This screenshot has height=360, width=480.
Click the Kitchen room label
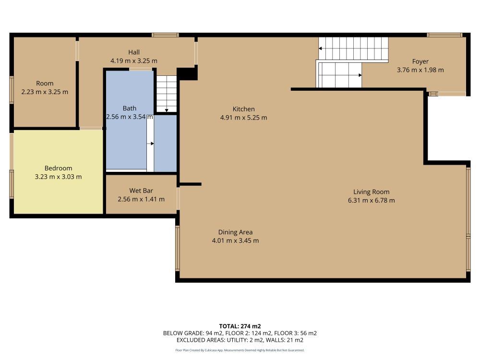coord(243,109)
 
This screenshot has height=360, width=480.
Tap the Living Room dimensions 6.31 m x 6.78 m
coord(371,200)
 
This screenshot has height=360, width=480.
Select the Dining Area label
coord(235,232)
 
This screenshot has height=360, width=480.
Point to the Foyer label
coord(420,61)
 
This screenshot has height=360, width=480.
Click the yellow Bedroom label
coord(58,168)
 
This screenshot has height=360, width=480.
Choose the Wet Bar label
coord(141,191)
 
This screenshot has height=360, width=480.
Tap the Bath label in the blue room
coord(129,108)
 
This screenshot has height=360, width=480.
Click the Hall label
coord(133,52)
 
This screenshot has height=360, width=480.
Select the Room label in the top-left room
coord(45,84)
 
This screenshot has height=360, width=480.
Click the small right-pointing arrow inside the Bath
coord(151,143)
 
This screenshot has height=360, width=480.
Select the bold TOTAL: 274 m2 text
coord(240,326)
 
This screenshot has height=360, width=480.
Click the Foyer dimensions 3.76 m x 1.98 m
coord(420,70)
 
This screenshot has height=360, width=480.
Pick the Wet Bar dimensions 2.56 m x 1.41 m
coord(141,199)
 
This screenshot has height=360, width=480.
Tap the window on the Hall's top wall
coord(165,35)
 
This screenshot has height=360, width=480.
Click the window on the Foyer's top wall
coord(444,35)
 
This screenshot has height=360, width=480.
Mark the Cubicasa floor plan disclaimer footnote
coord(240,350)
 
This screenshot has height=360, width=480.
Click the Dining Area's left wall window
coord(177,248)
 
